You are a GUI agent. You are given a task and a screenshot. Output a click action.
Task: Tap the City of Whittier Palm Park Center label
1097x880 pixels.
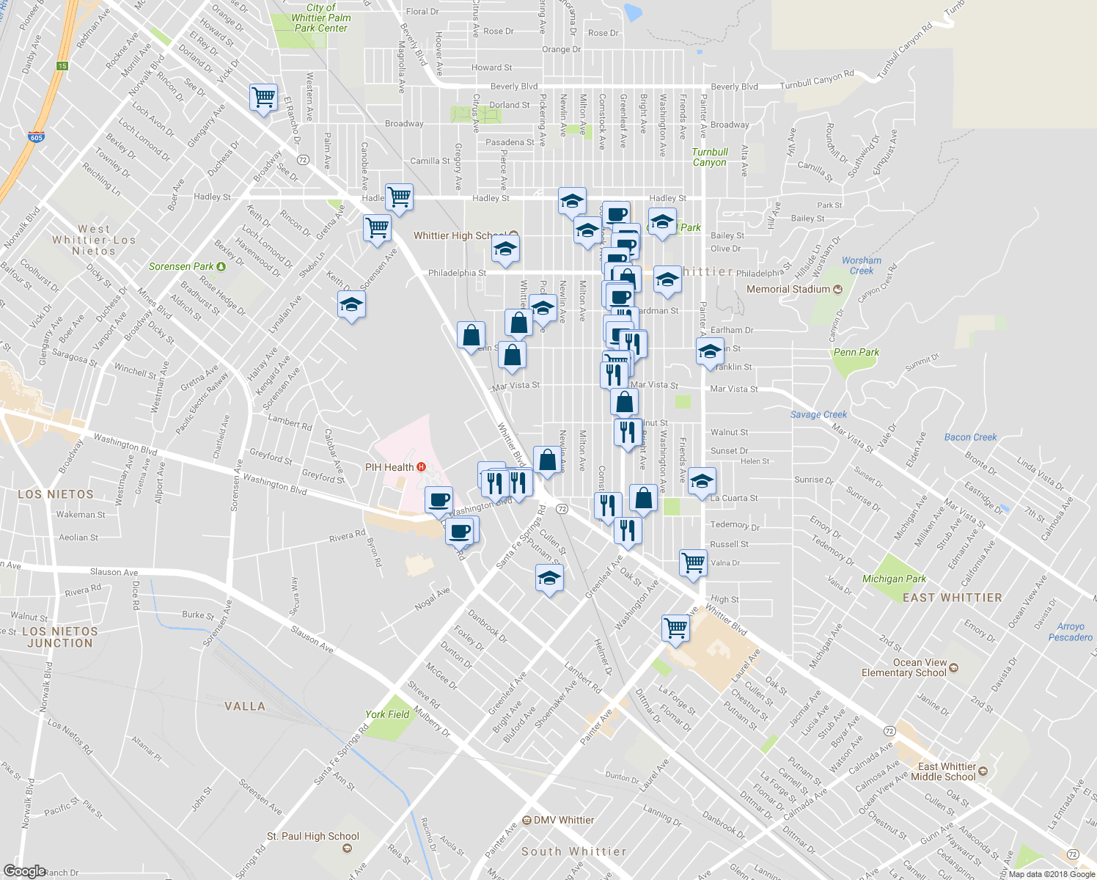tap(321, 18)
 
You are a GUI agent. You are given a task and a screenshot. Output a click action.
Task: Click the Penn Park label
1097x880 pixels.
tap(856, 352)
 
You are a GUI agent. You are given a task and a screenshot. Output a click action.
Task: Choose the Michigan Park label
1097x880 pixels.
tap(894, 579)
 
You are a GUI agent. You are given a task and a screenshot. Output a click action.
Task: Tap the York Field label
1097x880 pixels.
tap(387, 714)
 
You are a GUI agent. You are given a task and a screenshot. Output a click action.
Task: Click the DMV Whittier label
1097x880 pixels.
tap(562, 820)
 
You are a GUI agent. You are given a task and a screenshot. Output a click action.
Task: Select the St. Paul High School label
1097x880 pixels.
tap(313, 837)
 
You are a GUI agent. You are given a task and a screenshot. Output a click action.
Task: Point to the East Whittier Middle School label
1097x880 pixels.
tap(947, 771)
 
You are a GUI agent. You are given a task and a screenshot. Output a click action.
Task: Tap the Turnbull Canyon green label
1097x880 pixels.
tap(710, 157)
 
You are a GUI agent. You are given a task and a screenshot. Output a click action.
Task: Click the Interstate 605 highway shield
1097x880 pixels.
tap(36, 137)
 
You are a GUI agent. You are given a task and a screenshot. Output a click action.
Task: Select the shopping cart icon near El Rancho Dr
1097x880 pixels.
tap(263, 97)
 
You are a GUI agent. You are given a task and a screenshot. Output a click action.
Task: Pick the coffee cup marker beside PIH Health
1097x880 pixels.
tap(439, 500)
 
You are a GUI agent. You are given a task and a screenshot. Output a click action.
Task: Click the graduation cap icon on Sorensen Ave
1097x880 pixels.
tap(351, 304)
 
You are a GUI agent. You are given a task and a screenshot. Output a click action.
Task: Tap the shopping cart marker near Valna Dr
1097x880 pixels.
tap(693, 563)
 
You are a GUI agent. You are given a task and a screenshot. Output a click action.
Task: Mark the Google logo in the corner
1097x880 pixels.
tap(24, 871)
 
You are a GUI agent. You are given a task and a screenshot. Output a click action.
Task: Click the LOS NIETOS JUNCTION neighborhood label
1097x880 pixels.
tap(59, 637)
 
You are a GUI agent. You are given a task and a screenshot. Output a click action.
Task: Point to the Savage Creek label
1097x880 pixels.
tap(818, 414)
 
